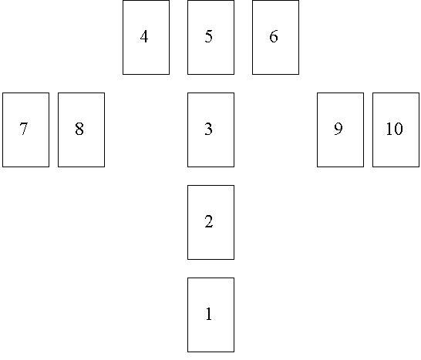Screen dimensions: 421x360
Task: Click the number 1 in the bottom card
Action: click(x=209, y=314)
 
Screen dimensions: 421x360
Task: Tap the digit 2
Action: click(x=209, y=221)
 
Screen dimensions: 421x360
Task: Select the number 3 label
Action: click(x=209, y=129)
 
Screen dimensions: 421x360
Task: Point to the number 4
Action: click(x=144, y=36)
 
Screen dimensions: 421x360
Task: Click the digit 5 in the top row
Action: click(x=209, y=36)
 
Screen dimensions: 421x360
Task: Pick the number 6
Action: click(x=274, y=36)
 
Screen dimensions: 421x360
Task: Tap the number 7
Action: click(x=24, y=129)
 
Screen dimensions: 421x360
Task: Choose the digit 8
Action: click(x=79, y=129)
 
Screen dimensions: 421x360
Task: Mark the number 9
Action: click(x=338, y=129)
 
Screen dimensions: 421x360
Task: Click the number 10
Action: click(x=394, y=129)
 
